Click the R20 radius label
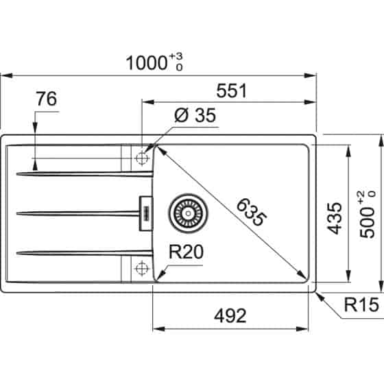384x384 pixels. (x=184, y=253)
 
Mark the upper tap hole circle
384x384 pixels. (x=142, y=157)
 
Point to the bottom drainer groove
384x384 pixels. (x=82, y=254)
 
